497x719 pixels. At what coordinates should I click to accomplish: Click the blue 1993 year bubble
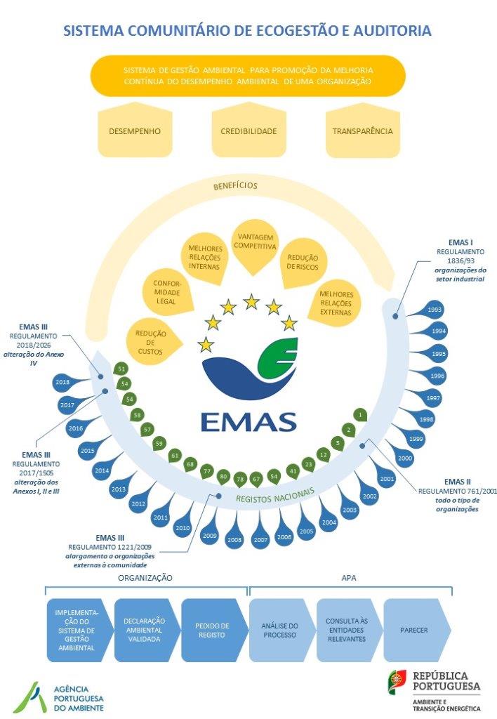[435, 310]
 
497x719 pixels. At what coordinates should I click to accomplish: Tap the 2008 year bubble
[234, 540]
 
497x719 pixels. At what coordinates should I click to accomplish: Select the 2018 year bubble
[62, 383]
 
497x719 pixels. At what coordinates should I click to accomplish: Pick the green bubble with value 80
[224, 477]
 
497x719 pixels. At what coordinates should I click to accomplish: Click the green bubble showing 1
[360, 416]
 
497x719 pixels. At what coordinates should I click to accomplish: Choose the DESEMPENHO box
[135, 131]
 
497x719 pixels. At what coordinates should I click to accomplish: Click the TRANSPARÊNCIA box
[362, 131]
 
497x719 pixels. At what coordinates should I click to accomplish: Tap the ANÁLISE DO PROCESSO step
[279, 630]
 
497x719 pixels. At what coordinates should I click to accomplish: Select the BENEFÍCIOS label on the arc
[236, 186]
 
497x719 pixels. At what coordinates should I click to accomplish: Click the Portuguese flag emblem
[398, 680]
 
